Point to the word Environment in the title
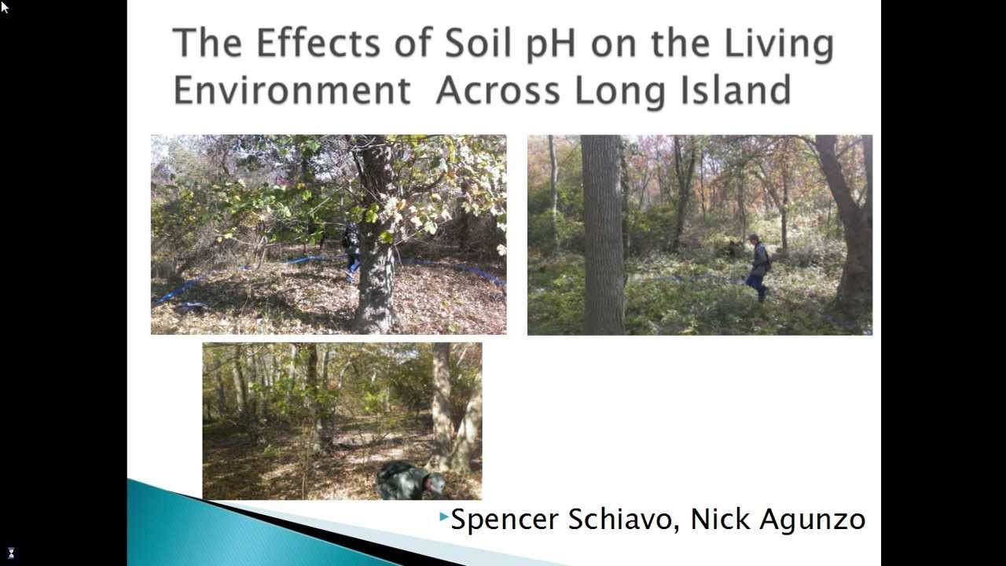(x=292, y=90)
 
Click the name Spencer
(x=504, y=520)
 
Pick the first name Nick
(x=718, y=519)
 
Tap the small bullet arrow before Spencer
(x=444, y=516)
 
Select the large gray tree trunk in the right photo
(x=602, y=236)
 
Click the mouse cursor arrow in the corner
(x=5, y=7)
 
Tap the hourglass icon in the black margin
(x=11, y=553)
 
